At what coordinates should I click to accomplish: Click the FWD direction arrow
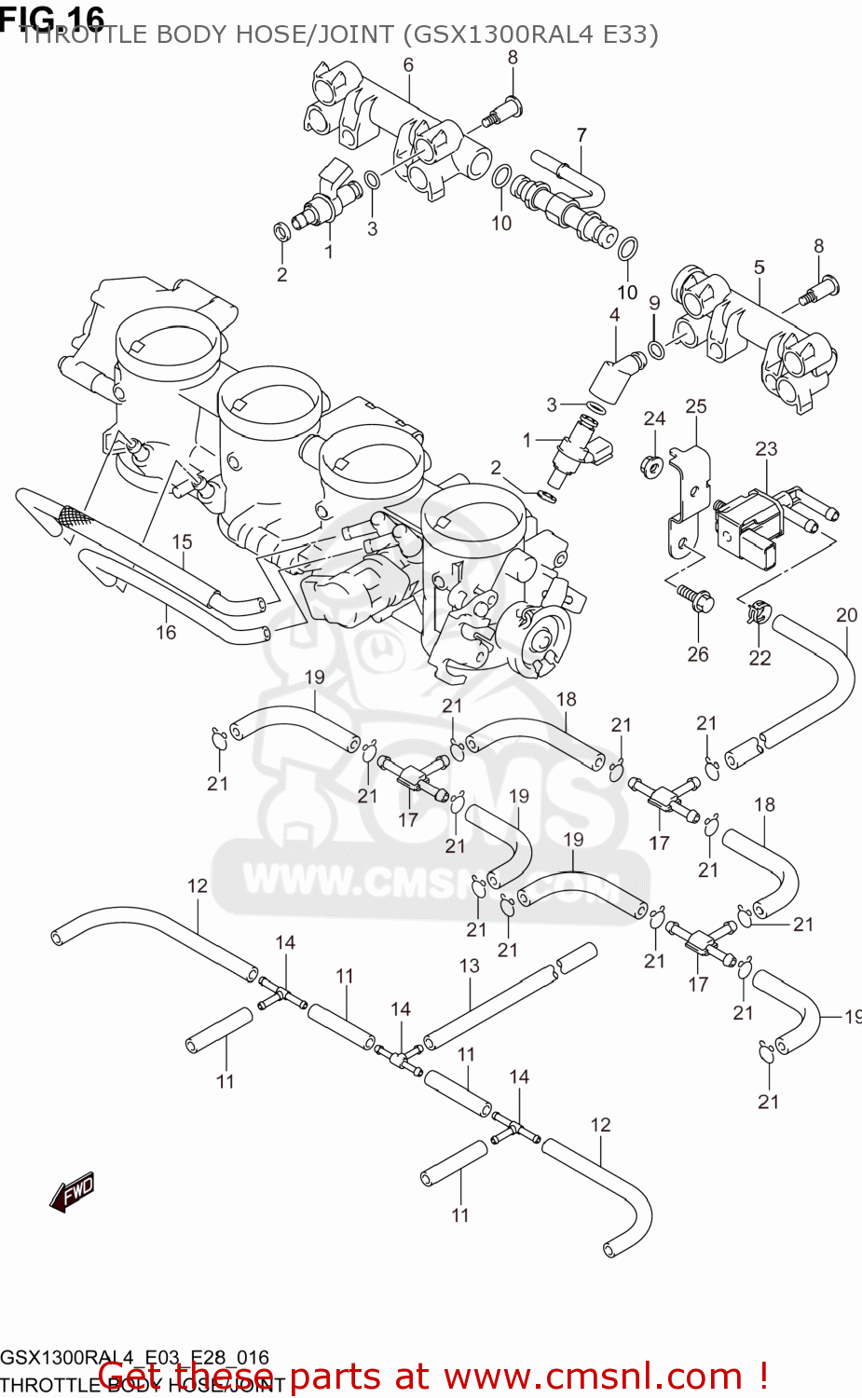click(73, 1191)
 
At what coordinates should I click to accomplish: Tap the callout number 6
click(408, 64)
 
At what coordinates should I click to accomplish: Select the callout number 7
click(582, 135)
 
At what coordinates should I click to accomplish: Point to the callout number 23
click(766, 448)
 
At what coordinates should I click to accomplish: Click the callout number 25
click(696, 406)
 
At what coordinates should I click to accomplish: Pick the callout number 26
click(698, 654)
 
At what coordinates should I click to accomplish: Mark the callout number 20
click(846, 615)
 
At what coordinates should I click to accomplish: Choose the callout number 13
click(470, 966)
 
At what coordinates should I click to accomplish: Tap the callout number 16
click(166, 632)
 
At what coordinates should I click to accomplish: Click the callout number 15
click(182, 541)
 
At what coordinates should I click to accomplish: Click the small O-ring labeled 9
click(656, 349)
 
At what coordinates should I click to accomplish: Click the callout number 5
click(759, 267)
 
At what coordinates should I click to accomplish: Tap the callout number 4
click(615, 315)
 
